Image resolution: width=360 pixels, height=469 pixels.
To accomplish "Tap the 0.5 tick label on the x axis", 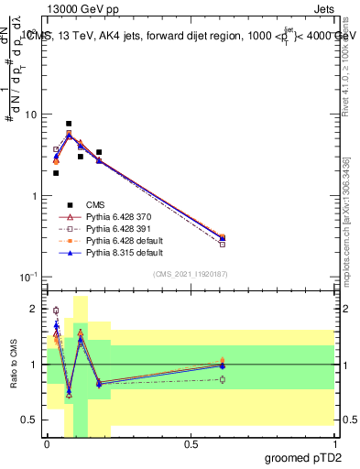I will click(x=191, y=445).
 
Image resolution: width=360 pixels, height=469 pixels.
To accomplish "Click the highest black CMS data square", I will click(x=69, y=124).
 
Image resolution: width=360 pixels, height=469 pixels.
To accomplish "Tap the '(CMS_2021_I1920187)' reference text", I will click(x=191, y=274).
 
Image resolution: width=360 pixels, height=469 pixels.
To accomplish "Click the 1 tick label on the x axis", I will click(x=334, y=445).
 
